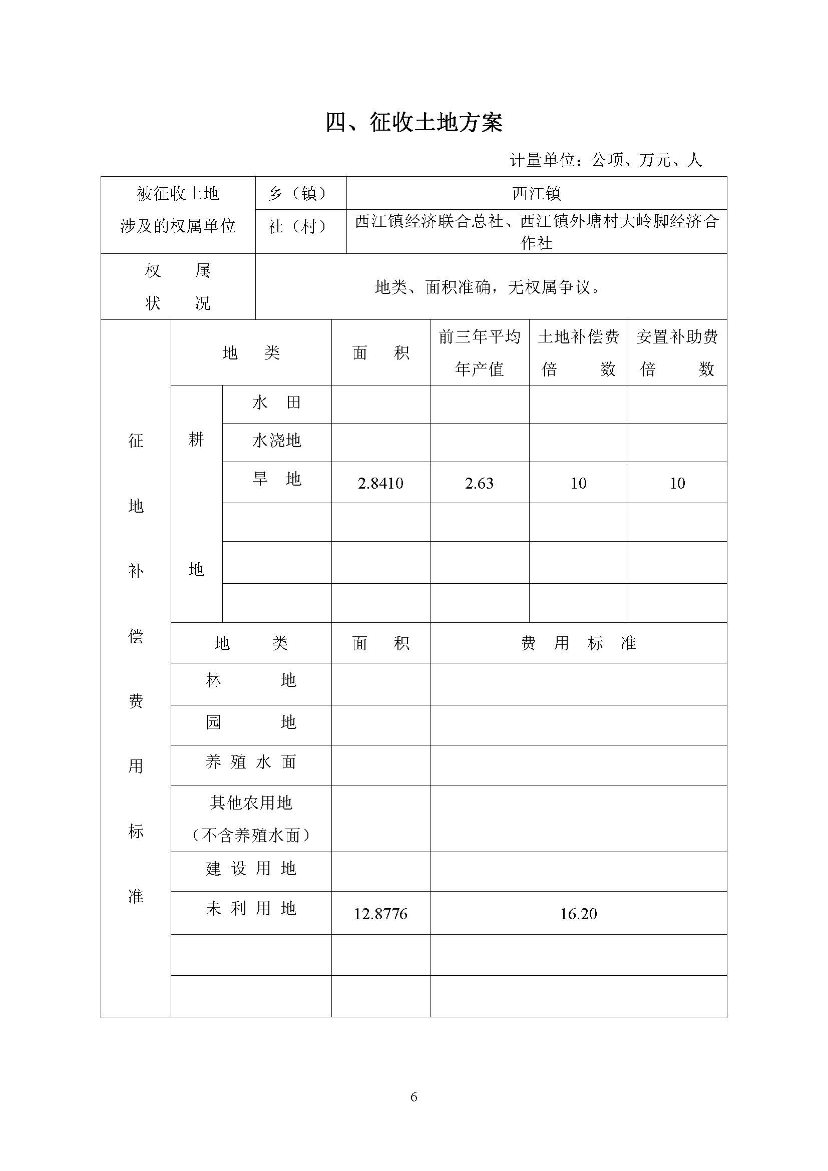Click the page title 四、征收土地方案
414,123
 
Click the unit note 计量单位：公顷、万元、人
606,160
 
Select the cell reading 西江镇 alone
536,193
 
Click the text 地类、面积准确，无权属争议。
488,288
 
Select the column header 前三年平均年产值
479,352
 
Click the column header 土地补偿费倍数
578,352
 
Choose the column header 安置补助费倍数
677,352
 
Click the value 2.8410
380,483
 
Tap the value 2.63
479,483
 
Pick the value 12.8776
380,914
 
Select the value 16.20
578,914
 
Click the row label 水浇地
276,441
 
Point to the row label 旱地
276,479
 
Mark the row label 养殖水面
251,762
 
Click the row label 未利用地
251,908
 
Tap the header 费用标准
578,643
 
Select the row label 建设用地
251,869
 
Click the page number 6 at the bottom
413,1096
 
